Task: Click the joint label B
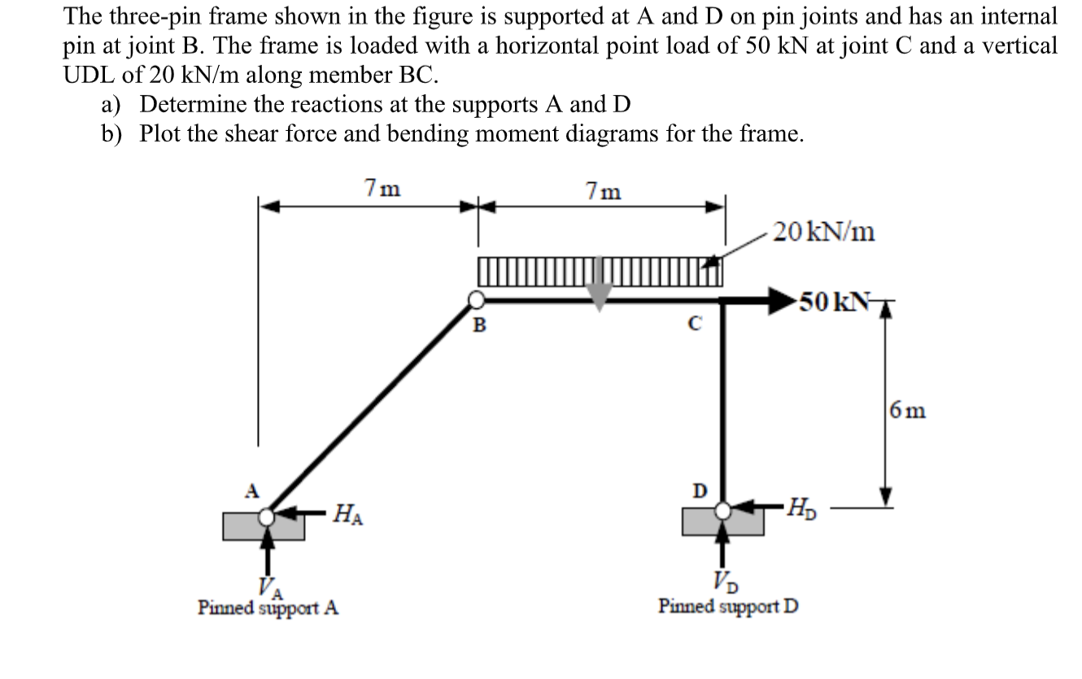(479, 327)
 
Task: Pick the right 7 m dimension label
(604, 191)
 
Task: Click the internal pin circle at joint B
(475, 301)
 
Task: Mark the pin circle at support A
(267, 516)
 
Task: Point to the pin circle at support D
(722, 510)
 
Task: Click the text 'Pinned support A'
(268, 607)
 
